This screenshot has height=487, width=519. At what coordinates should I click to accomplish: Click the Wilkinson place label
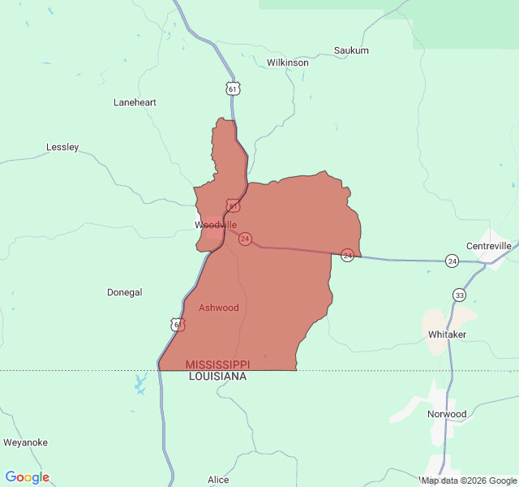pyautogui.click(x=287, y=62)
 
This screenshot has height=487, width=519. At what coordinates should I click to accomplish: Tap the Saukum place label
pyautogui.click(x=351, y=50)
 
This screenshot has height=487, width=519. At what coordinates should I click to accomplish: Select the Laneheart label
pyautogui.click(x=135, y=103)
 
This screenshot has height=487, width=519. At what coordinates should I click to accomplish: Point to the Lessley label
pyautogui.click(x=62, y=148)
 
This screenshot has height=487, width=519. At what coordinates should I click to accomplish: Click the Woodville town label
pyautogui.click(x=216, y=225)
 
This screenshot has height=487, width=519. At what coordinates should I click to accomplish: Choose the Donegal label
pyautogui.click(x=124, y=292)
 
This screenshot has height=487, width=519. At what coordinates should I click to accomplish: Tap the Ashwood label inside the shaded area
pyautogui.click(x=219, y=308)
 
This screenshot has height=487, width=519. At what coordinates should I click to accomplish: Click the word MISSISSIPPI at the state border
pyautogui.click(x=217, y=364)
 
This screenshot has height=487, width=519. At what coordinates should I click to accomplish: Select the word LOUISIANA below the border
pyautogui.click(x=217, y=377)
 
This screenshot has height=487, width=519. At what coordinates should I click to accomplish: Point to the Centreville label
pyautogui.click(x=489, y=246)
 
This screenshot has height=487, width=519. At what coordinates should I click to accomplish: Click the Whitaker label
pyautogui.click(x=447, y=334)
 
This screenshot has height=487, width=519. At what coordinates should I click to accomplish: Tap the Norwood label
pyautogui.click(x=447, y=414)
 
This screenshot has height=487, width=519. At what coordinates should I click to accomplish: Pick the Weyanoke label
pyautogui.click(x=25, y=442)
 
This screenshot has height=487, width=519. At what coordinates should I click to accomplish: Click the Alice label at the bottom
pyautogui.click(x=218, y=480)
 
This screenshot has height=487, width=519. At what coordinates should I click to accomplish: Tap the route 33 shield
pyautogui.click(x=460, y=295)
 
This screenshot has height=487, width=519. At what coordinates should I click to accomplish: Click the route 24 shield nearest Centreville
pyautogui.click(x=452, y=261)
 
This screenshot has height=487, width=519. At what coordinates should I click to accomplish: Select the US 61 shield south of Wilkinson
pyautogui.click(x=233, y=88)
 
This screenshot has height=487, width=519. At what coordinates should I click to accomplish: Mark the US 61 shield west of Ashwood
pyautogui.click(x=178, y=325)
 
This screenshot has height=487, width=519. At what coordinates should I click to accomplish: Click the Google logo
pyautogui.click(x=27, y=477)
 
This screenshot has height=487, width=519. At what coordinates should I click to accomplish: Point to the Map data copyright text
pyautogui.click(x=468, y=481)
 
